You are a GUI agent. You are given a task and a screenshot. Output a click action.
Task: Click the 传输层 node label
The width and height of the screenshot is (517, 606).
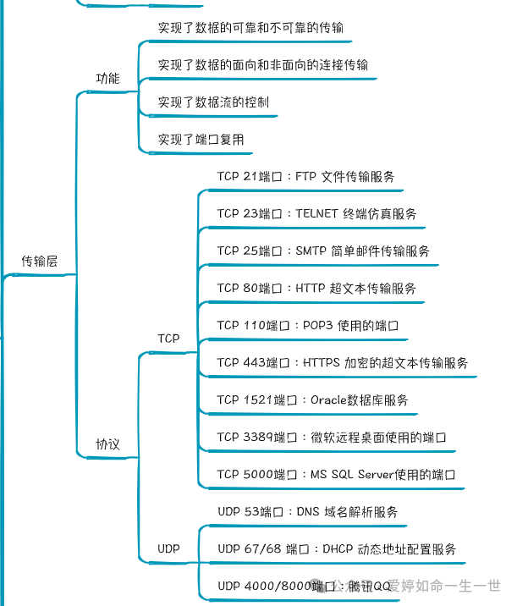pos(39,262)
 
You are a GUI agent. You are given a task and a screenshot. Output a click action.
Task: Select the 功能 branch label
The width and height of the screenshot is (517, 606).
pos(107,79)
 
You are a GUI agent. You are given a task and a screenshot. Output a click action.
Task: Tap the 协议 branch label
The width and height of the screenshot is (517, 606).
pos(107,443)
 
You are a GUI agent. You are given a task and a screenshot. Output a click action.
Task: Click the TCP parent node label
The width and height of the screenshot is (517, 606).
pos(168,339)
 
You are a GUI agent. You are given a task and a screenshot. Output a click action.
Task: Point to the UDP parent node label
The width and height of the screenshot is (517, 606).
pos(169,549)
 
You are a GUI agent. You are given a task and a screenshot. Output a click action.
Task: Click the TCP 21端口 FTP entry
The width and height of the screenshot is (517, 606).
pos(305,177)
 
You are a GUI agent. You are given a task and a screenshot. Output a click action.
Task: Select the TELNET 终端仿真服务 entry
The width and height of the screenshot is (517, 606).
pos(316,214)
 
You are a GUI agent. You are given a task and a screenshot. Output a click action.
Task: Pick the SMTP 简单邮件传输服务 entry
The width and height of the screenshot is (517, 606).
pos(323,251)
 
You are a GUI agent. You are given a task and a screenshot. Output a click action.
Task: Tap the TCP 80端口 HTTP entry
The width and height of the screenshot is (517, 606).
pos(316,289)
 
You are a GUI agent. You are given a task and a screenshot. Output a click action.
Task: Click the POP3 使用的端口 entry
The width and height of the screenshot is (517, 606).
pos(307,326)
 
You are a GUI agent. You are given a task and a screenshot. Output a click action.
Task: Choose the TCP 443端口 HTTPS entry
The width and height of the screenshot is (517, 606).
pos(342,363)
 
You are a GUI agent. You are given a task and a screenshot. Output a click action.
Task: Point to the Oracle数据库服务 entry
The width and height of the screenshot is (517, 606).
pos(312,400)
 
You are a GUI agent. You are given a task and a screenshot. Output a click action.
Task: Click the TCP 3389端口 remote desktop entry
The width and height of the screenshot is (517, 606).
pos(331,438)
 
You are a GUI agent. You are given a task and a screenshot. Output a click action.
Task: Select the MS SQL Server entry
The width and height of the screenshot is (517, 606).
pos(336,475)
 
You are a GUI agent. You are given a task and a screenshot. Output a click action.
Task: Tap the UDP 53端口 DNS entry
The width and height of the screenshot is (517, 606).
pos(307,512)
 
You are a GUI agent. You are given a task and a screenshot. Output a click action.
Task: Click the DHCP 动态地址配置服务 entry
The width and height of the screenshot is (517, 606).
pos(337,549)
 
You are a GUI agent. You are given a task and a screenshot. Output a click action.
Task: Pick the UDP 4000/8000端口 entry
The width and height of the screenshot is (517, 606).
pos(305,586)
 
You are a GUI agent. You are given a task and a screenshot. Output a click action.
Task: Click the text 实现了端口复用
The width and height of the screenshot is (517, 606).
pos(201,140)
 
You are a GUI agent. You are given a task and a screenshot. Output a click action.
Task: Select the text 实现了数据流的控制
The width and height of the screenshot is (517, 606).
pos(213,102)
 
